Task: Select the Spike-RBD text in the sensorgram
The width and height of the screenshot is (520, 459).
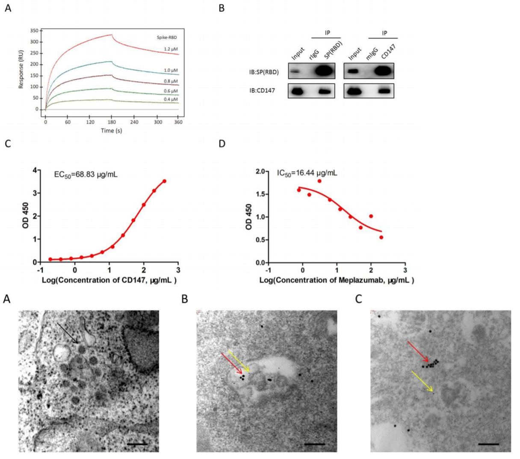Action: point(167,38)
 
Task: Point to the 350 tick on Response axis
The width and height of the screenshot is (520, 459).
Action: point(34,31)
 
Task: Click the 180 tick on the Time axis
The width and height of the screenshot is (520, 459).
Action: point(112,122)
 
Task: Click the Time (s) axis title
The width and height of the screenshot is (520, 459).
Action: point(111,131)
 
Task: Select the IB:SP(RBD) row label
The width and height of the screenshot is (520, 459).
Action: point(264,72)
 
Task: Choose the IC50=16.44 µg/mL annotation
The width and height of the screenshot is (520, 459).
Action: point(307,173)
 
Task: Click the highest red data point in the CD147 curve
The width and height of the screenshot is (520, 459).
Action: point(164,181)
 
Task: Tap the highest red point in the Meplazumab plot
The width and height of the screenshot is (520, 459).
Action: point(319,181)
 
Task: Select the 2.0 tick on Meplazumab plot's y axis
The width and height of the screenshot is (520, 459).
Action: point(260,171)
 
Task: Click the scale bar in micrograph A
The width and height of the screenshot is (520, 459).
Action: point(137,444)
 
